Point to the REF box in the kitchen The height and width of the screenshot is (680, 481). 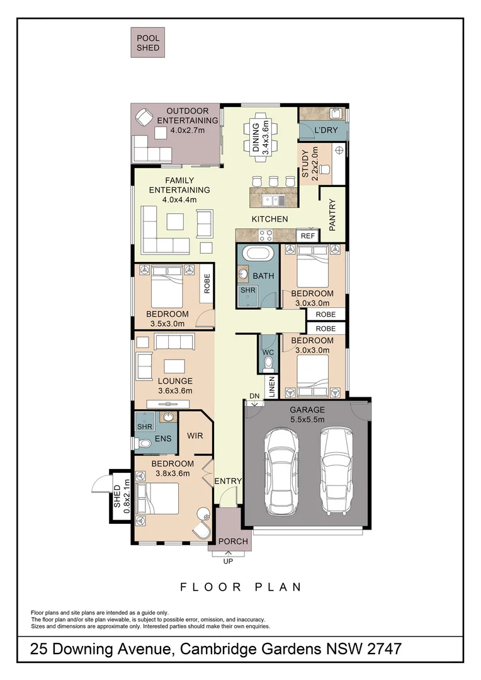[308, 235]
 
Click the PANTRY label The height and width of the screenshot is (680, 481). [333, 213]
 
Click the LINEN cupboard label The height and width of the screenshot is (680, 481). [271, 387]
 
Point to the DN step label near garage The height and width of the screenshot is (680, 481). [254, 395]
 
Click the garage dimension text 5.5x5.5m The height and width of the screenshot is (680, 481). [307, 419]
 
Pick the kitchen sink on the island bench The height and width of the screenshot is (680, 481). [274, 200]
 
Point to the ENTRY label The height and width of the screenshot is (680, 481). [228, 481]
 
